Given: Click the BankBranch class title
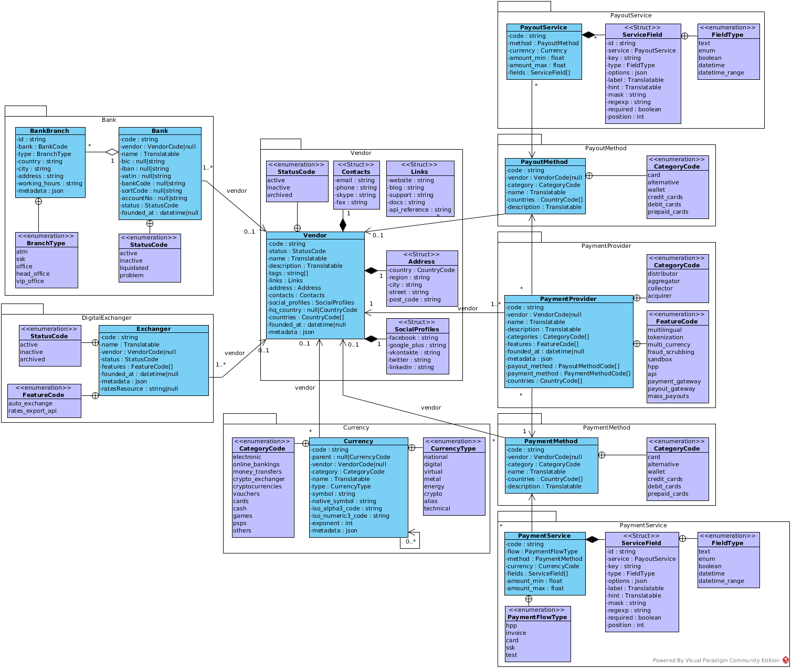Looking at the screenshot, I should [x=50, y=131].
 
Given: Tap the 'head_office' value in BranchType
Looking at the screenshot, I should [x=33, y=274].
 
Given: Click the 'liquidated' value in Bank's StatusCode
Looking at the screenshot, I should [x=134, y=268].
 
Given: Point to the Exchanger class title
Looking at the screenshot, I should [x=153, y=329].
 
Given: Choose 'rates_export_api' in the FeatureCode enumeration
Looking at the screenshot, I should [x=33, y=411].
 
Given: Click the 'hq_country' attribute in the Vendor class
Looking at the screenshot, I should [x=313, y=310].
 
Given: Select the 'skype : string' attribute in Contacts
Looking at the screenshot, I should [x=356, y=195].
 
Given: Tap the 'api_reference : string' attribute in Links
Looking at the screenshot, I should [x=420, y=210].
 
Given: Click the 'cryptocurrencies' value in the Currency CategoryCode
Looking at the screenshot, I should [x=257, y=486].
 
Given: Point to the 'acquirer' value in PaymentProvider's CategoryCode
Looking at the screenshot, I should [x=660, y=296].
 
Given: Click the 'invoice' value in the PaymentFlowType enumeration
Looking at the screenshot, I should [x=516, y=633].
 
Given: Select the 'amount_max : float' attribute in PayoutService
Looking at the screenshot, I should [x=537, y=65].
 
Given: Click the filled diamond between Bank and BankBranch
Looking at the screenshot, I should [x=112, y=152].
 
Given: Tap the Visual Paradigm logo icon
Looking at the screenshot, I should [x=785, y=660].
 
